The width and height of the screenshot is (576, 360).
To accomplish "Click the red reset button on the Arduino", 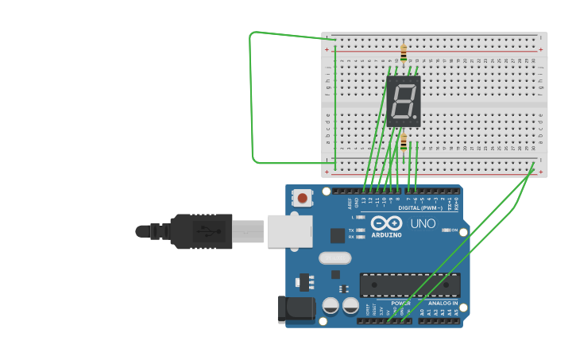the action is click(x=302, y=197).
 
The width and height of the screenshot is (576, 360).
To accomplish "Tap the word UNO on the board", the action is click(x=423, y=223).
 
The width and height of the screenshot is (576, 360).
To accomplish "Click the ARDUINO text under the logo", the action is click(x=387, y=234).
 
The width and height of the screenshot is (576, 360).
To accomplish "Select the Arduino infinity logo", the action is click(x=387, y=223).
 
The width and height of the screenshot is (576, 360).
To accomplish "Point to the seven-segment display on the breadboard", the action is click(x=403, y=101).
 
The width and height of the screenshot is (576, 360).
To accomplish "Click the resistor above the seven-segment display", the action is click(x=404, y=53).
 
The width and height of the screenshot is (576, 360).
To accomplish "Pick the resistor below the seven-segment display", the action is click(x=404, y=142).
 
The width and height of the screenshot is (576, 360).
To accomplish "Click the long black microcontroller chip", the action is click(x=410, y=285).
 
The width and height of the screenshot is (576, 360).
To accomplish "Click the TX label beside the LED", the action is click(x=351, y=230).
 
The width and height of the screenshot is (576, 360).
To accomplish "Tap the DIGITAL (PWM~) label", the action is click(x=422, y=208).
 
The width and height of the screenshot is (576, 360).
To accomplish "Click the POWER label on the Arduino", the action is click(x=400, y=303).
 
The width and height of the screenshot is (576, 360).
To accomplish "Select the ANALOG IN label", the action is click(x=443, y=303).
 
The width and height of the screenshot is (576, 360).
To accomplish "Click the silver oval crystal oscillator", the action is click(x=334, y=257).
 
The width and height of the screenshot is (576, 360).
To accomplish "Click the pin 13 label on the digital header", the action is click(x=363, y=200).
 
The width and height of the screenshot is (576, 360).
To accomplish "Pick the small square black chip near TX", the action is click(x=338, y=235).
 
